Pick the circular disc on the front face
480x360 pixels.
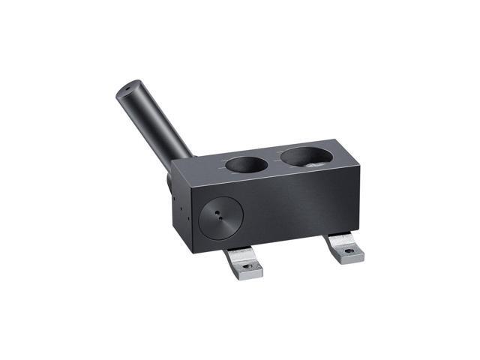tap(220, 216)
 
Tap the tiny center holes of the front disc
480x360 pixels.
tap(218, 214)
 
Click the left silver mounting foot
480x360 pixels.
tap(246, 263)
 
